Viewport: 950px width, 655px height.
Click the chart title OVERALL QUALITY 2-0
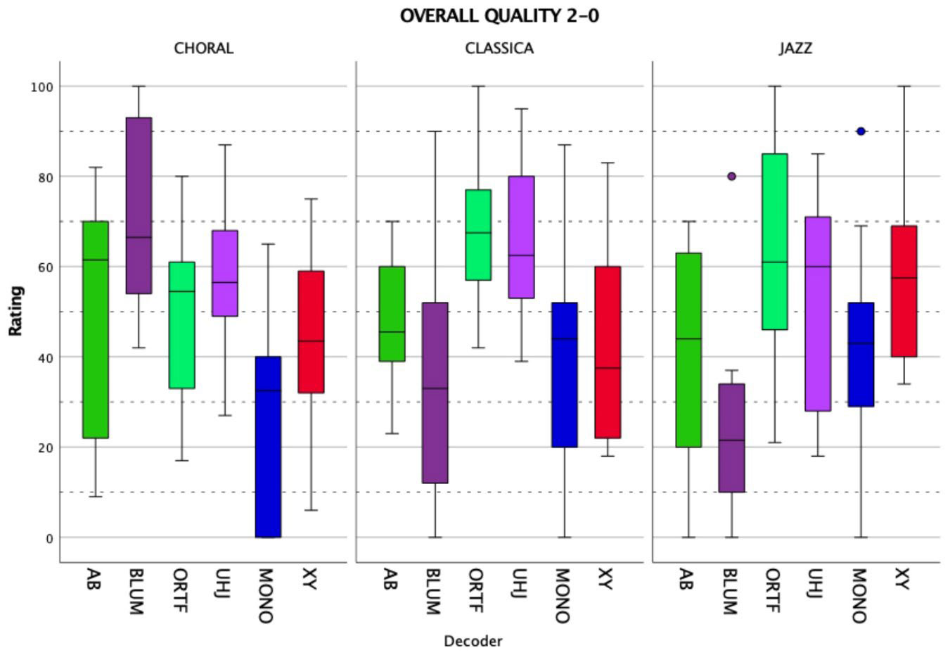click(499, 15)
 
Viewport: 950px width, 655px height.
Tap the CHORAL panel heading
click(204, 49)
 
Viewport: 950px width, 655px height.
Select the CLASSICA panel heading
click(499, 49)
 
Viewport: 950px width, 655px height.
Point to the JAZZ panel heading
click(796, 49)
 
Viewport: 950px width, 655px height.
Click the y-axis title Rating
click(16, 311)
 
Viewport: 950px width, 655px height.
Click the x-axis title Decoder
click(473, 641)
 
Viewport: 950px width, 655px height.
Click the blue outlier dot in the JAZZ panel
click(861, 132)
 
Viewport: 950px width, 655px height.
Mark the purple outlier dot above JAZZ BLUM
click(732, 177)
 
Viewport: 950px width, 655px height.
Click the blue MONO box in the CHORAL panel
click(268, 447)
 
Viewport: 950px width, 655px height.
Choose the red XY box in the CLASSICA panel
click(608, 352)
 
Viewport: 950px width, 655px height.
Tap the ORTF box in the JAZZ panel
click(775, 241)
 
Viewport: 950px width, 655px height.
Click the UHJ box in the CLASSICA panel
click(521, 237)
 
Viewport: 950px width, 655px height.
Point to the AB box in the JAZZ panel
click(688, 350)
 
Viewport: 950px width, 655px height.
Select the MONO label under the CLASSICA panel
click(562, 595)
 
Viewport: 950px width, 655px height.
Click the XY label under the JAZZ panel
click(902, 580)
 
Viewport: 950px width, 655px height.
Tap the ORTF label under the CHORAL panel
click(181, 590)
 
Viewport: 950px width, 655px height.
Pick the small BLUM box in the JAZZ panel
click(732, 438)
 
